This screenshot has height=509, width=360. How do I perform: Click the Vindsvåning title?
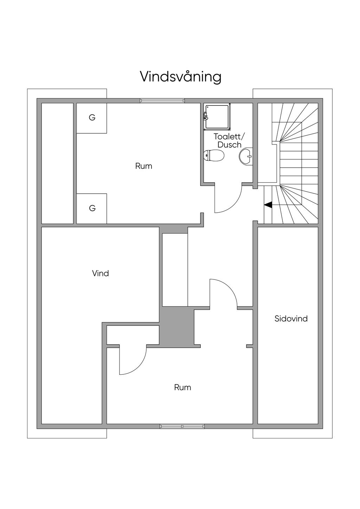180,77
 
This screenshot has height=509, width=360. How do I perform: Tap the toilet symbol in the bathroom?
214,155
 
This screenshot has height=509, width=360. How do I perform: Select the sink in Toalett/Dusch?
246,156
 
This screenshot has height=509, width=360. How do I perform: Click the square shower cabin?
217,117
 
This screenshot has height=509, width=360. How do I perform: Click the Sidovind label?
291,318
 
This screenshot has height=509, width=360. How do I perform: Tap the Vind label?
101,273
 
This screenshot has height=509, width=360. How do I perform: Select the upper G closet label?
92,117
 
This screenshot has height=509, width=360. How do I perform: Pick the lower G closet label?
92,208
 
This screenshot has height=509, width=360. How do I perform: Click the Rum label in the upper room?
144,166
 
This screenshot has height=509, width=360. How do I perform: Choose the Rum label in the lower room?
182,387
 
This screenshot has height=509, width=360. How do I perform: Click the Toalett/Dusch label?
229,141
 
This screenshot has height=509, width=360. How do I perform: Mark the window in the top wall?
162,101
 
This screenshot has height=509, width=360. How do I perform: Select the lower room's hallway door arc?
230,288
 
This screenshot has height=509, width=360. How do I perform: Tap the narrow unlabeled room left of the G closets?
57,163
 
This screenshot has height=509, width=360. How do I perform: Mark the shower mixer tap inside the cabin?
206,117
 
